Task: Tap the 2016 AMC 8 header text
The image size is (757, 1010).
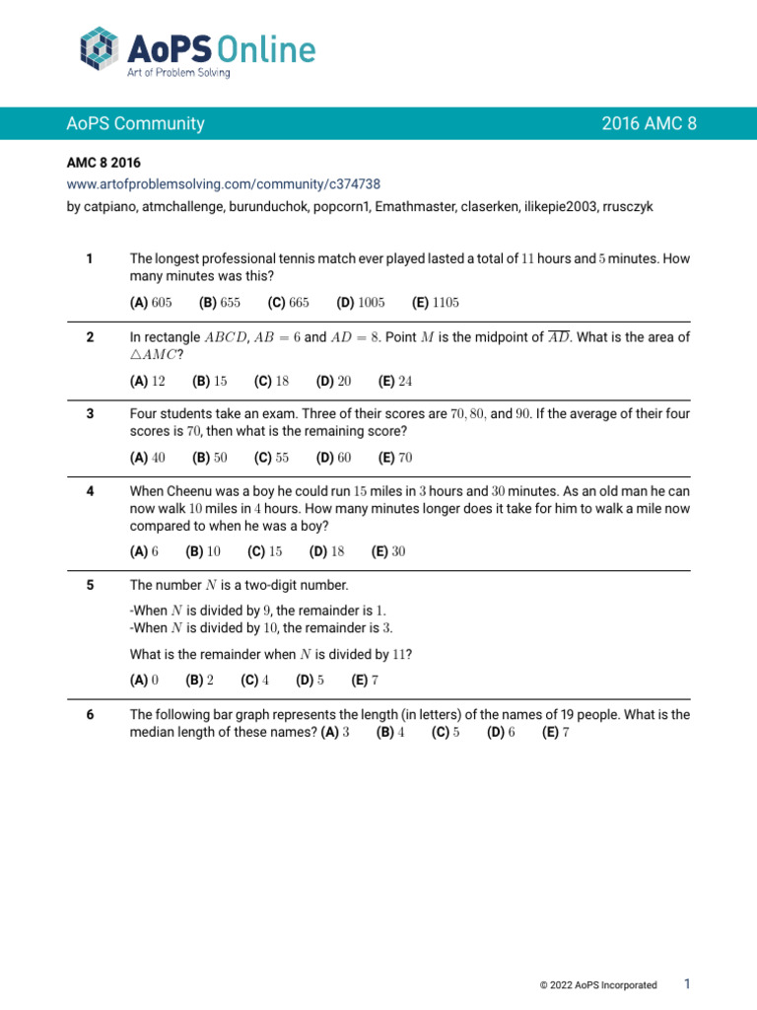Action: (x=649, y=123)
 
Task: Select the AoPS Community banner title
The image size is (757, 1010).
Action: (x=135, y=123)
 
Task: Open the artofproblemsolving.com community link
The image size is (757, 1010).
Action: (x=224, y=183)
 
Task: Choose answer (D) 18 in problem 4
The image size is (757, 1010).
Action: (x=327, y=551)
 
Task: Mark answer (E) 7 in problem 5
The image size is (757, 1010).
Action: (x=365, y=680)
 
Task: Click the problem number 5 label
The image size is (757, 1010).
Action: (x=90, y=585)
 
